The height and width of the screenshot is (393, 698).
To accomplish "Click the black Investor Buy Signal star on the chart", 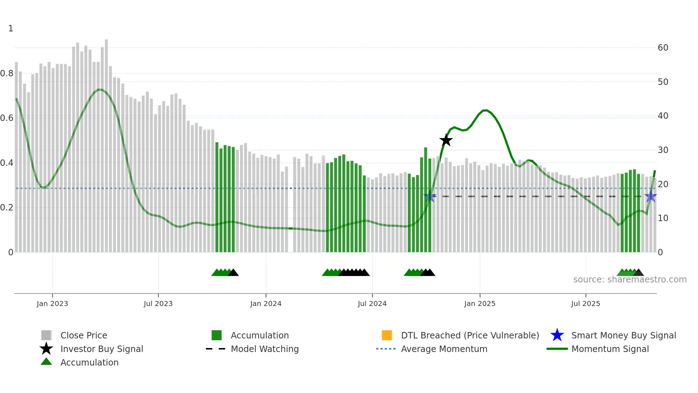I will tap(446, 140).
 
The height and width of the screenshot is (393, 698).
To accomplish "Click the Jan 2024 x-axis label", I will tap(266, 303).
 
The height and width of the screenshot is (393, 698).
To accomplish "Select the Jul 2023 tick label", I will tap(158, 303).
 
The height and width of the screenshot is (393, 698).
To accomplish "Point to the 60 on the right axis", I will tap(663, 48).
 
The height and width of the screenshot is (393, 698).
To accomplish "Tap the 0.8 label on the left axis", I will tap(7, 73).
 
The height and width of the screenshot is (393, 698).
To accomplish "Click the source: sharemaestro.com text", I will tap(630, 280).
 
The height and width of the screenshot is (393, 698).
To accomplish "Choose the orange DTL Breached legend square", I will tap(387, 335).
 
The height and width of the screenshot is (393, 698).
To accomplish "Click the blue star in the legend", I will tap(557, 335).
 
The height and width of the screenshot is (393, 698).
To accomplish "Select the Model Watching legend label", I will tap(265, 349).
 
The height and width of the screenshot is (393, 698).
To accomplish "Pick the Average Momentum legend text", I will tap(444, 349).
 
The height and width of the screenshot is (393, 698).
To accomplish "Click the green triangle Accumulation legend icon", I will tap(46, 362).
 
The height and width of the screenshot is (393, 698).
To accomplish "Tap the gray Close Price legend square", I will tap(46, 335).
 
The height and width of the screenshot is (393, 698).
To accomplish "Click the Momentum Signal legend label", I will tap(610, 349).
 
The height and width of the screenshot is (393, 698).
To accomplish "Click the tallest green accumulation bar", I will tap(426, 200).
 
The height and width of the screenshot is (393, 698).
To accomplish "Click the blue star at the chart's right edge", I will tap(651, 196).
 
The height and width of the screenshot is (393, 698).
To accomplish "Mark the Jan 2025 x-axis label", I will tap(480, 303).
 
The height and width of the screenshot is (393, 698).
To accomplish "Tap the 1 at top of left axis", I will tap(11, 29).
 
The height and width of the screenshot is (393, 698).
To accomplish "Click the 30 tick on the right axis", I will tap(663, 150).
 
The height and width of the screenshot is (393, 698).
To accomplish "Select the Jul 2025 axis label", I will tap(585, 303).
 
